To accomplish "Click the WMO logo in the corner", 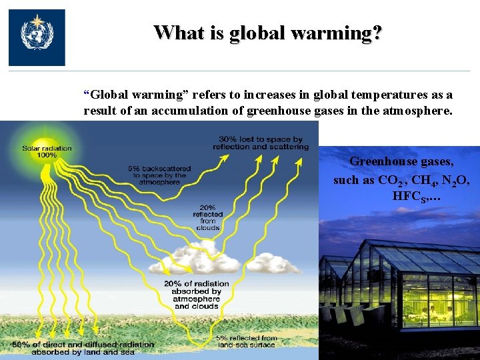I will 37,37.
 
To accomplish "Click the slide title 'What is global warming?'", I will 268,32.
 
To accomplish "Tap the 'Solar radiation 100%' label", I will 47,151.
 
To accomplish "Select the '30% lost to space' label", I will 261,143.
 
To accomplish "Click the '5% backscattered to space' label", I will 159,175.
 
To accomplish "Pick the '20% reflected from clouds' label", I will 207,217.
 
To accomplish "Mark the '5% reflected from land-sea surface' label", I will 246,341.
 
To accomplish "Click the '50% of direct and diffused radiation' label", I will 83,348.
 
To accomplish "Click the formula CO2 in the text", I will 391,180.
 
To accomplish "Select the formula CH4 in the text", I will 422,180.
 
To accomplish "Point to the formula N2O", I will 458,180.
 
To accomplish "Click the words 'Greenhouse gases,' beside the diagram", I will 403,161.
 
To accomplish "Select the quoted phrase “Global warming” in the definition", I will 127,95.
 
